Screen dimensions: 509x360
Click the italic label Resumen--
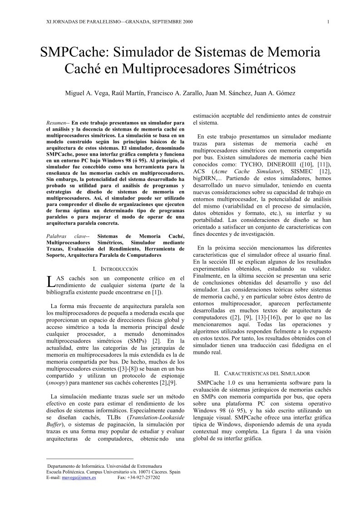(59, 123)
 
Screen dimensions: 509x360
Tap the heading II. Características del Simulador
(262, 373)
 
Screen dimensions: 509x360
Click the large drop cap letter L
(50, 281)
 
